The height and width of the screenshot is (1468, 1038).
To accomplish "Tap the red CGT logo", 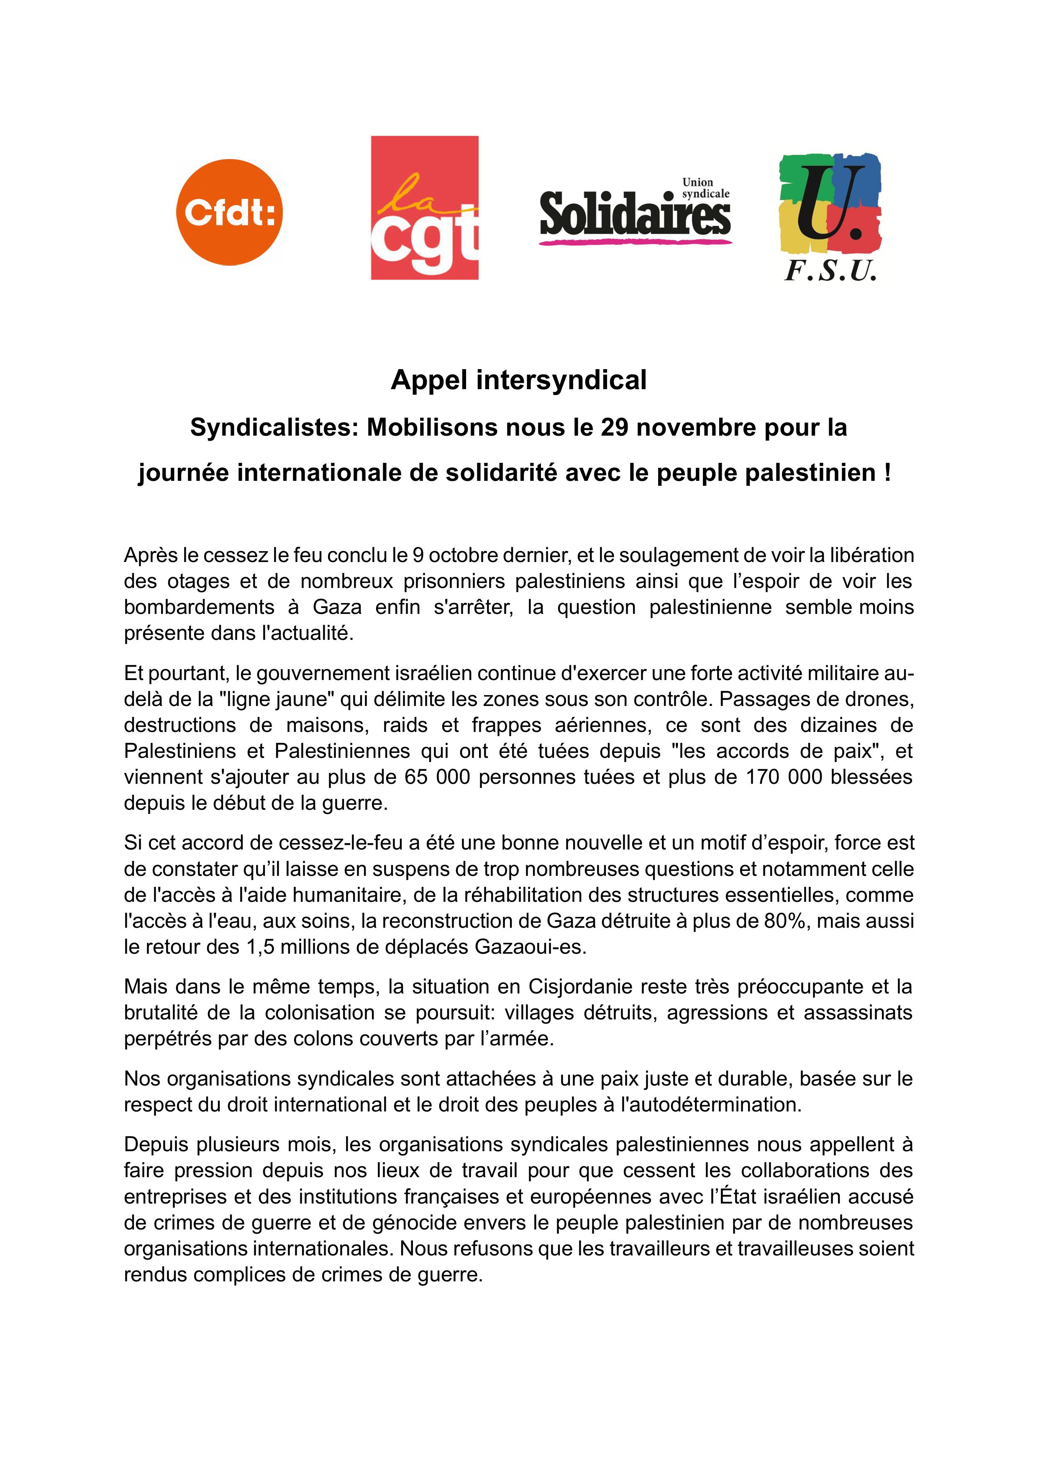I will point(424,208).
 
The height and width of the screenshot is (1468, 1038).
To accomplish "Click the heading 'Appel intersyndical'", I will point(518,380).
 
